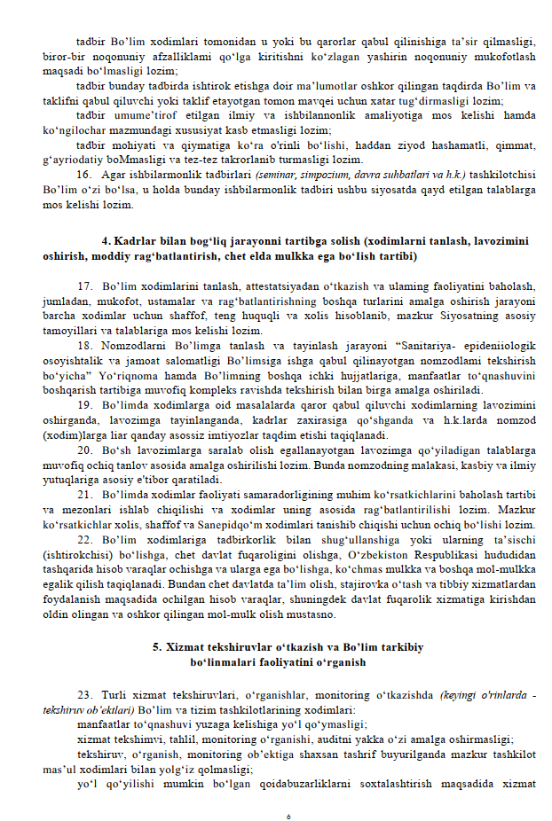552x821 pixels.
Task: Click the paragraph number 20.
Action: tap(85, 450)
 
